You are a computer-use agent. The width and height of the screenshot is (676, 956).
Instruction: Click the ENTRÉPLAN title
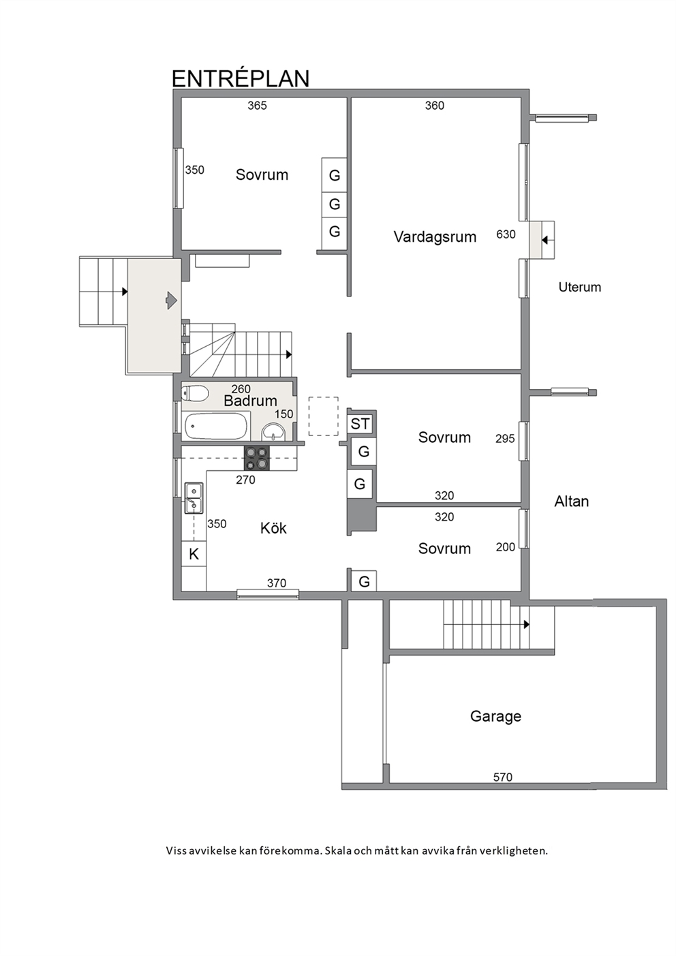(241, 78)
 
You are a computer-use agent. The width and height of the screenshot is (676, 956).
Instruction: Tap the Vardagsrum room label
(435, 236)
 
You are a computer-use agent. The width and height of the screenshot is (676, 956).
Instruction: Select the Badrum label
(251, 401)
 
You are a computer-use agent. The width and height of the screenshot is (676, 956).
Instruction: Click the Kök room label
(273, 528)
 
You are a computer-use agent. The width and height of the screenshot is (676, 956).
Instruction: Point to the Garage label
(495, 715)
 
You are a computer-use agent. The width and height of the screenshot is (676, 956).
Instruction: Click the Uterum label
(579, 288)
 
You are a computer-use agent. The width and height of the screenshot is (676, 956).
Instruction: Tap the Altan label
(572, 501)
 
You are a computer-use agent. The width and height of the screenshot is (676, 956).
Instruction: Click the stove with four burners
(257, 458)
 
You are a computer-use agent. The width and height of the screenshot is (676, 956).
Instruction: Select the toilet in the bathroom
(195, 393)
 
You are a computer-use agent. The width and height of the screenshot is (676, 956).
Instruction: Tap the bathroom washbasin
(273, 431)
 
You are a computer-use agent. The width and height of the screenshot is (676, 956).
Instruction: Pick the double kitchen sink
(194, 498)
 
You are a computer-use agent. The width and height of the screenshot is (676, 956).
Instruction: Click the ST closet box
(360, 425)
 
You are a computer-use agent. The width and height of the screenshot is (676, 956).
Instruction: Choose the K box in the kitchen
(194, 555)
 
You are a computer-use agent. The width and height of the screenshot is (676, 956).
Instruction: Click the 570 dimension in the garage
(503, 777)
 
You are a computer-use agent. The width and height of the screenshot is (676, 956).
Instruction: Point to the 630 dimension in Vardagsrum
(506, 234)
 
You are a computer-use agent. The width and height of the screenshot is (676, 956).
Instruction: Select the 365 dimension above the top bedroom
(257, 106)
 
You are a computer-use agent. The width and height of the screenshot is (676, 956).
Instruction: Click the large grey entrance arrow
(171, 300)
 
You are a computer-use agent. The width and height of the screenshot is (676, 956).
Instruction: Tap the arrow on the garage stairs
(527, 624)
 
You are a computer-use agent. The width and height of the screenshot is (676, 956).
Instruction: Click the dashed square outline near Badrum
(324, 416)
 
